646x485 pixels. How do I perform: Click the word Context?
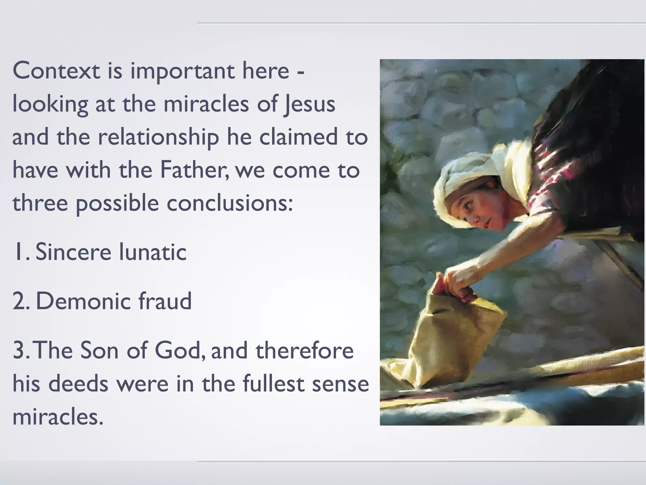(56, 71)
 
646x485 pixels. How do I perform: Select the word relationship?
(158, 138)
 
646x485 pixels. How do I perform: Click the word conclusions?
(230, 203)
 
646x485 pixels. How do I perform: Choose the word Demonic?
(83, 301)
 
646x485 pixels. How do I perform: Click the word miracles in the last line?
(58, 417)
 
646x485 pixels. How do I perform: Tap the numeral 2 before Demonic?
(19, 302)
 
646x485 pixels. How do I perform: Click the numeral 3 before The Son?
(19, 351)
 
